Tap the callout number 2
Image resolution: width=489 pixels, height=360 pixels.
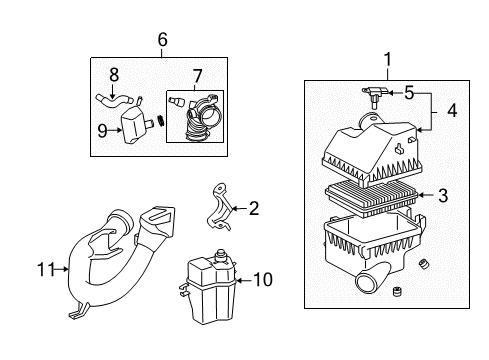(x=254, y=208)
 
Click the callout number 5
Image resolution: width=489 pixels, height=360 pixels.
(x=408, y=93)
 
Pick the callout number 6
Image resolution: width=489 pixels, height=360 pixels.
(x=162, y=39)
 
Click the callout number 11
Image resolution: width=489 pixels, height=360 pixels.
(x=43, y=268)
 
